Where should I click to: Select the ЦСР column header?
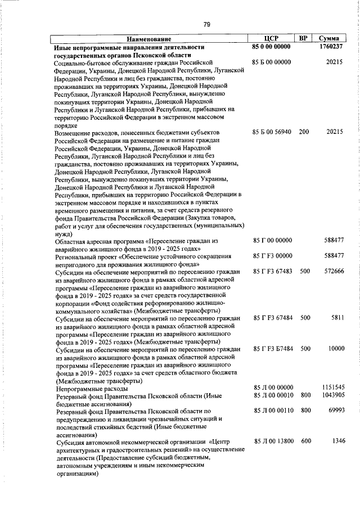click(x=272, y=39)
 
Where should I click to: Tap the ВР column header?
click(x=303, y=39)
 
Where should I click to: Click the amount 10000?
click(x=335, y=349)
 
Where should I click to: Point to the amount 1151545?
click(x=332, y=388)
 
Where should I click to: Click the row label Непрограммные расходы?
click(x=91, y=389)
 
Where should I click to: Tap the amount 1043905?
click(x=332, y=396)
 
